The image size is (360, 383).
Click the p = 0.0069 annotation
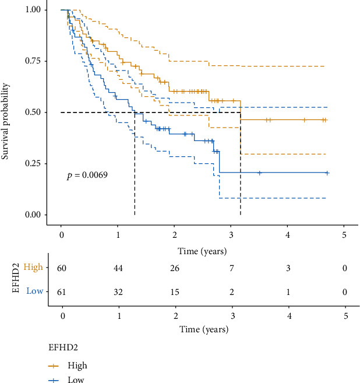(x=87, y=174)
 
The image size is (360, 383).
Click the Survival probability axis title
(x=8, y=111)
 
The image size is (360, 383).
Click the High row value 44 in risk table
(x=118, y=268)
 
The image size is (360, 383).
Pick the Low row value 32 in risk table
(x=118, y=290)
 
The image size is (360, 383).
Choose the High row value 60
(x=61, y=268)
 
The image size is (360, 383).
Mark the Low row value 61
(x=61, y=290)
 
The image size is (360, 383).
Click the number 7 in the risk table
(x=231, y=268)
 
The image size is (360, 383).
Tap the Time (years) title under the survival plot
(x=202, y=251)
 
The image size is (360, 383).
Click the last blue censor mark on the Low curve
(x=327, y=173)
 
